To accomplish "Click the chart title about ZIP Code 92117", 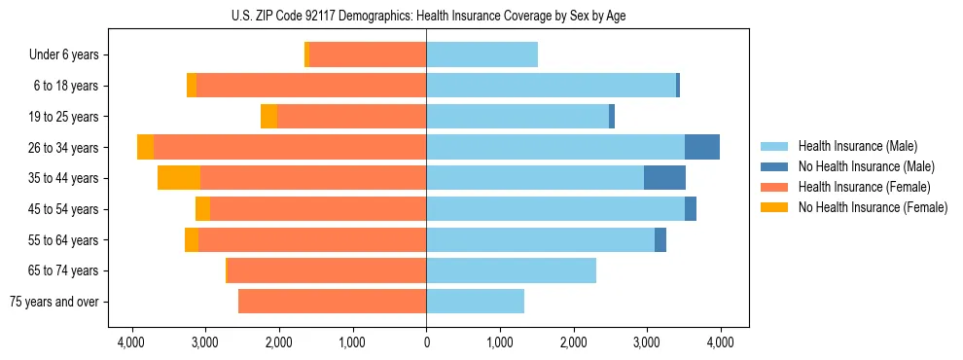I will (x=426, y=15).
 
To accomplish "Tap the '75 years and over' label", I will (x=53, y=302).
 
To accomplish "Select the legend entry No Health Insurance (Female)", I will (x=872, y=207).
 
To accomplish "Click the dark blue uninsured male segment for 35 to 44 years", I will (x=664, y=178).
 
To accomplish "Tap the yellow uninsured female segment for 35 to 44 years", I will (x=179, y=178).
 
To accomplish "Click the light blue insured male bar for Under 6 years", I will (x=481, y=55).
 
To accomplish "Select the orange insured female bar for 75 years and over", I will (x=332, y=302).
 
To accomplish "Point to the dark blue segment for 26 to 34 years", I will (x=702, y=147).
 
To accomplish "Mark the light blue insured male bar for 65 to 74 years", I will (x=511, y=270).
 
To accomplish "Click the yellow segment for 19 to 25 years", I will (x=268, y=117).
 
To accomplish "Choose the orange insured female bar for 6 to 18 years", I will (x=311, y=86).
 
